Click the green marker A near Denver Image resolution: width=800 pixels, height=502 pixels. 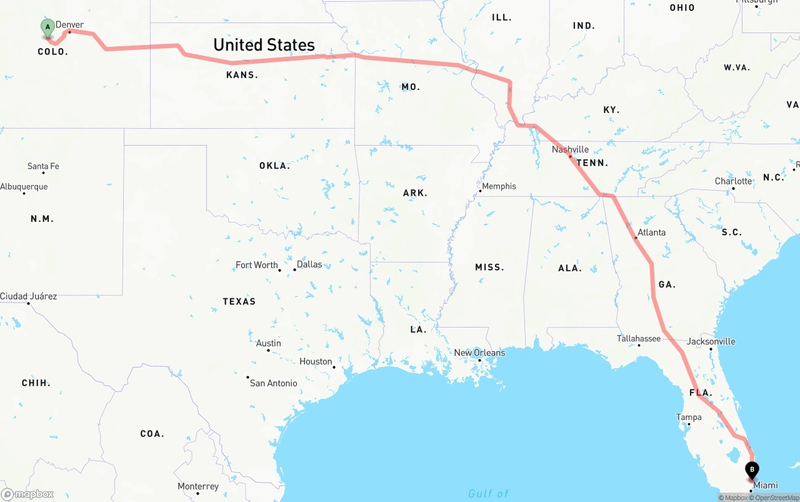pos(47,28)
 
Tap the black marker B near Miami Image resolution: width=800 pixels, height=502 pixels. pos(752,469)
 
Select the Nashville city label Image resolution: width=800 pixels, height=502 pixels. pos(570,149)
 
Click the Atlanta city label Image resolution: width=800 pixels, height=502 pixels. pos(651,232)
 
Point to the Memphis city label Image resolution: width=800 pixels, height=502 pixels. pos(499,186)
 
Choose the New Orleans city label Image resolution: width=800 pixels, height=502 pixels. pos(479,353)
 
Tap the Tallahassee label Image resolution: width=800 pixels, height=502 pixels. pos(639,338)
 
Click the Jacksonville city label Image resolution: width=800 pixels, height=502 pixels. pos(711,341)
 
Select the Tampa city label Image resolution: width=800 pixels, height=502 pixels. pos(689,417)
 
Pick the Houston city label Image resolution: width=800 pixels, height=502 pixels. pos(316,361)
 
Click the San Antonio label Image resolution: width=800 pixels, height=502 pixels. pos(273,383)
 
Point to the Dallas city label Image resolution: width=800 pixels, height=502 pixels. pos(309,264)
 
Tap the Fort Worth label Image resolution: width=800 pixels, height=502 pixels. pos(256,265)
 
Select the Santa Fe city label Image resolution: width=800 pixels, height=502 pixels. pos(43,166)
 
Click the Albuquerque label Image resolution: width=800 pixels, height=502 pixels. pos(24,186)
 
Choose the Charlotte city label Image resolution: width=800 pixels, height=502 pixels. pos(733,181)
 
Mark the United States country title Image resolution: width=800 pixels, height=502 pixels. pos(264,45)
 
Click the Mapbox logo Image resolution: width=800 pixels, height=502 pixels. pos(27,494)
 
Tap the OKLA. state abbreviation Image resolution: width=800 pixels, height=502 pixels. pos(274,166)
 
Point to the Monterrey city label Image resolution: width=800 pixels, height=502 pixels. pos(198,486)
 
